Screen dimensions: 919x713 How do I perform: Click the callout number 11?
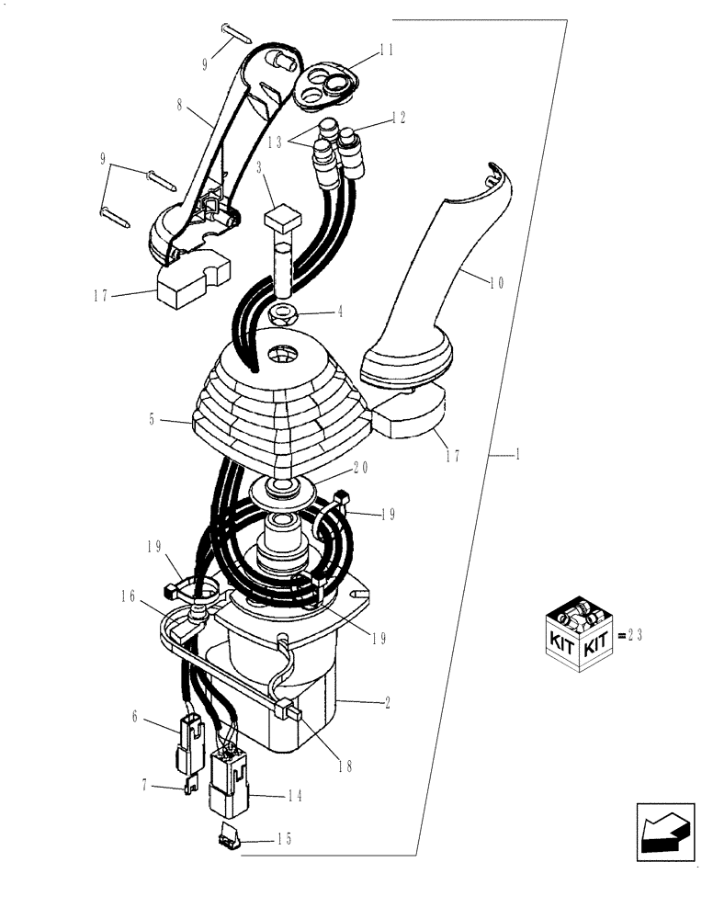tap(386, 51)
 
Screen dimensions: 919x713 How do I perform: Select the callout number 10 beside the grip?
tap(496, 283)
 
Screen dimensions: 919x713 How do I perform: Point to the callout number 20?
tap(359, 467)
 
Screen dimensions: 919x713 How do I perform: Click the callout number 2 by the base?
tap(390, 703)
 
